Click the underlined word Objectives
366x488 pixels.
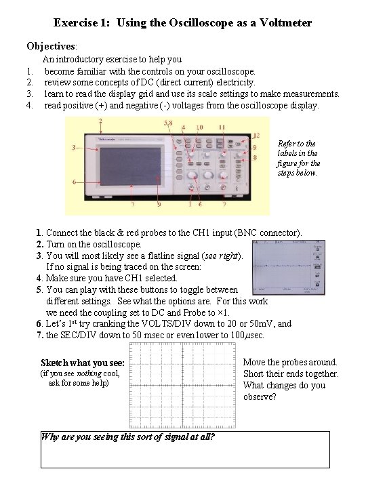pyautogui.click(x=52, y=46)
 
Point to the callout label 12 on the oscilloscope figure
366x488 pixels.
pyautogui.click(x=256, y=136)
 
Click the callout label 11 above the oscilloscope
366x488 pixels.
pyautogui.click(x=222, y=127)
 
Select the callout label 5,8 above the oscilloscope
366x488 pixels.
pyautogui.click(x=169, y=123)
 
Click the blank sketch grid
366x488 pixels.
pyautogui.click(x=180, y=384)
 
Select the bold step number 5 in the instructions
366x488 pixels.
pyautogui.click(x=40, y=289)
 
